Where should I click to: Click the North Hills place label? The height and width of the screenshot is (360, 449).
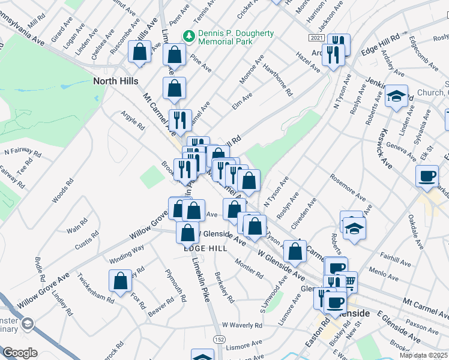(115, 80)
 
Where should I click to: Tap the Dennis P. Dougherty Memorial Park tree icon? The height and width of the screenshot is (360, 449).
(189, 36)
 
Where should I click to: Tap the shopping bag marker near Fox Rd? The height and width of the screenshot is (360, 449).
(121, 281)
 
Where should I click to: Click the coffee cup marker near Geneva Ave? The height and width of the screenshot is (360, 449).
(427, 176)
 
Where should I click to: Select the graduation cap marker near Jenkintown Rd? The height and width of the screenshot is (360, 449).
(396, 96)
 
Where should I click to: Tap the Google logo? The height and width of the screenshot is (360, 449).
(20, 352)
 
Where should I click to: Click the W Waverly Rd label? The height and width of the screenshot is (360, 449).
(242, 325)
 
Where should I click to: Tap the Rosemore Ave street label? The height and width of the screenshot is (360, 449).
(346, 188)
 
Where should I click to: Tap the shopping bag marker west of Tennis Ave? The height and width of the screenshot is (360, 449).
(175, 55)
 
